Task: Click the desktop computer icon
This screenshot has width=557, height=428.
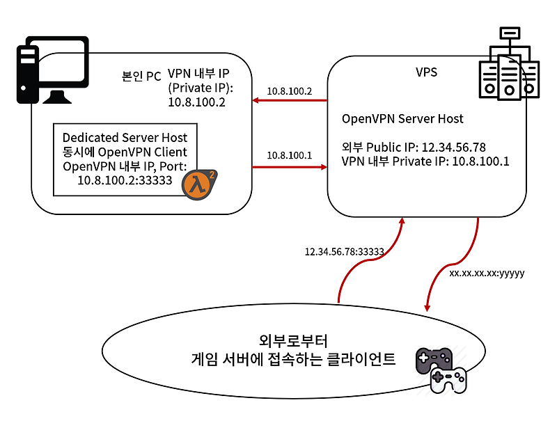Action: [52, 70]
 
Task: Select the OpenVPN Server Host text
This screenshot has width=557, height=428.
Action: [402, 118]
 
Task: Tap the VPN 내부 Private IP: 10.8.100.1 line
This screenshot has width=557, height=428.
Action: [425, 161]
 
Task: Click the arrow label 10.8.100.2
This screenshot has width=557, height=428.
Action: [290, 91]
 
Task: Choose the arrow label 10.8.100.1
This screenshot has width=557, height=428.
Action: [290, 155]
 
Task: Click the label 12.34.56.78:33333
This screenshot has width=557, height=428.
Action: [345, 252]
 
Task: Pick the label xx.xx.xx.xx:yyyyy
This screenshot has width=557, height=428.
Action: [487, 274]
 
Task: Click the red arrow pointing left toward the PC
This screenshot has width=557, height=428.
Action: [290, 102]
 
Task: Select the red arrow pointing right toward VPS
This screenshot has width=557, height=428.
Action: [290, 167]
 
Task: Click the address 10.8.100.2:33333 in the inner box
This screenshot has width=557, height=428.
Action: [125, 180]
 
